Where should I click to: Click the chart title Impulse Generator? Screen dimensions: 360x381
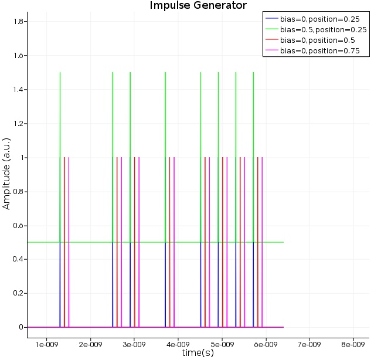pos(198,6)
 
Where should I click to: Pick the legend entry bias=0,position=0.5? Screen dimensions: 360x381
pos(317,40)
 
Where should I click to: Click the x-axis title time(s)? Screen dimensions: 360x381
pos(198,353)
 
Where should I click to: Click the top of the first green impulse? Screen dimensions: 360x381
pos(60,73)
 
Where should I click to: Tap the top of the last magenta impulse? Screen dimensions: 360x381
pos(262,158)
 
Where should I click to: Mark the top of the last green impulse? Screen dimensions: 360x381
pos(253,73)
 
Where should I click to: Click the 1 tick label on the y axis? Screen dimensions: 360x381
pos(19,158)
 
